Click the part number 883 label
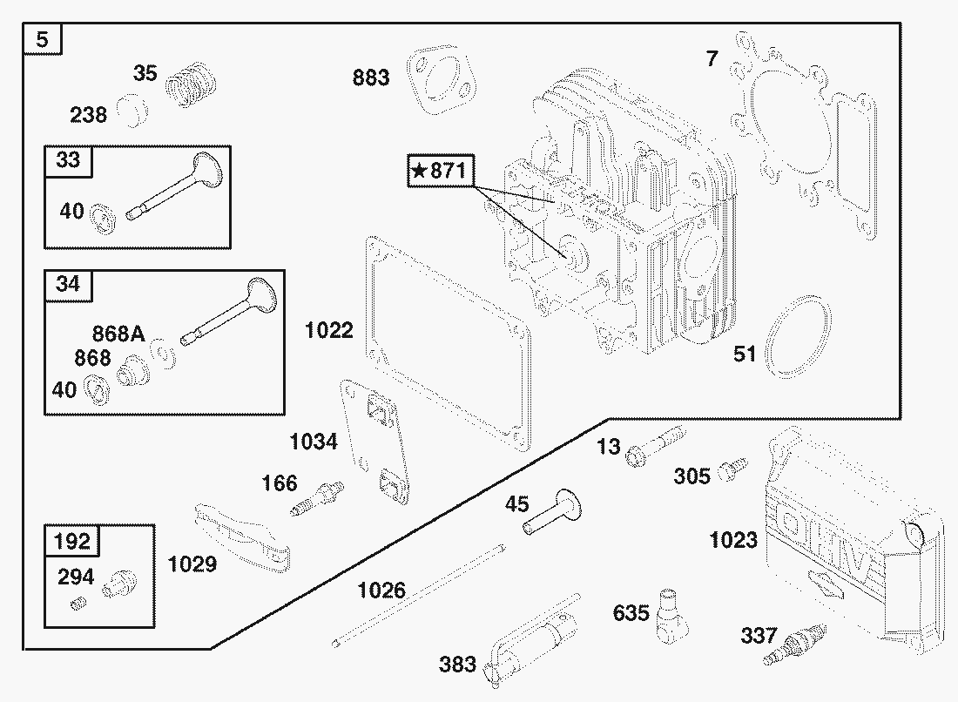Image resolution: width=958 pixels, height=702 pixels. click(x=371, y=78)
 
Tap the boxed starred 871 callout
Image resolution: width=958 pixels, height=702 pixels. click(x=441, y=171)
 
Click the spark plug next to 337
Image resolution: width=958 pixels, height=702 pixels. click(x=794, y=645)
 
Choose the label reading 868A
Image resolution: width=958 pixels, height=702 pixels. click(x=118, y=334)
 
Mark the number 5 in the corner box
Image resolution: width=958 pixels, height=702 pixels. click(x=42, y=40)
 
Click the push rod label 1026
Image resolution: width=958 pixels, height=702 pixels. click(x=381, y=591)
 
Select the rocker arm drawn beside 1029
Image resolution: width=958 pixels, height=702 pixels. click(x=242, y=537)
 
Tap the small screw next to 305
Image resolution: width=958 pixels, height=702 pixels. click(x=732, y=469)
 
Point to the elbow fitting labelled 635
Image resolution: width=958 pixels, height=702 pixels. click(x=671, y=616)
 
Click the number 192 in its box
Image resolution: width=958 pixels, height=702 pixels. click(x=72, y=541)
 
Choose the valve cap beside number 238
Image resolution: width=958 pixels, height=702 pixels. click(x=134, y=111)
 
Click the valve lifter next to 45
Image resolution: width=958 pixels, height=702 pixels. click(x=552, y=512)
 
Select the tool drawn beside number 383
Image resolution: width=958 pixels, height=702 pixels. click(x=530, y=640)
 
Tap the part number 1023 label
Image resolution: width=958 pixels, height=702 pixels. click(x=733, y=540)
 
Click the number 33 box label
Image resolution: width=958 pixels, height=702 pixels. click(x=68, y=159)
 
